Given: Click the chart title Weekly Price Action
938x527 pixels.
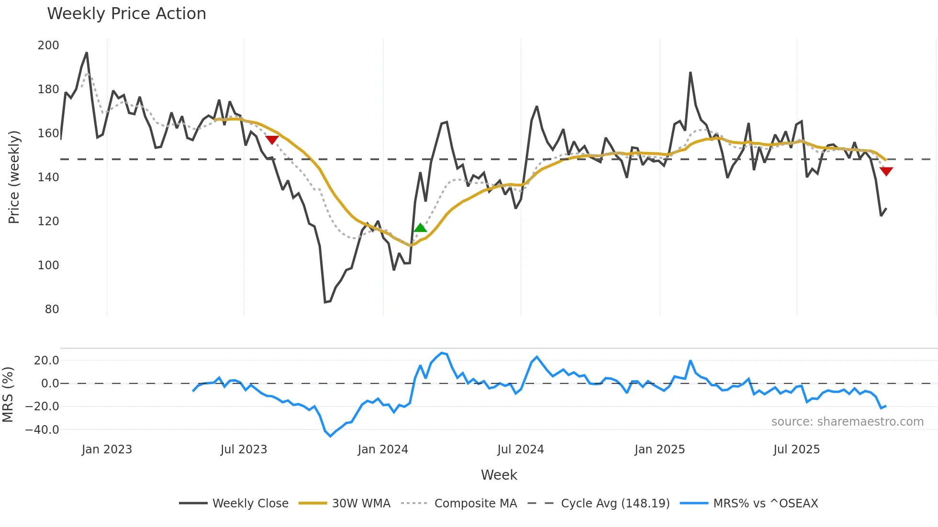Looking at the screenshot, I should click(126, 14).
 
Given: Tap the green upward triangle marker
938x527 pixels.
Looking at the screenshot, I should click(420, 228).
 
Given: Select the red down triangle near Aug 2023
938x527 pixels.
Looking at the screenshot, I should click(272, 140).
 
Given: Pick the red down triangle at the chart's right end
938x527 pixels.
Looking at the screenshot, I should click(886, 171).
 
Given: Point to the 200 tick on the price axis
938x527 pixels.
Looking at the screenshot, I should click(48, 45).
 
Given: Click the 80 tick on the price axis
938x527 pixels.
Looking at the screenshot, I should click(52, 309).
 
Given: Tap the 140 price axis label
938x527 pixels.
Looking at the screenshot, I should click(48, 177).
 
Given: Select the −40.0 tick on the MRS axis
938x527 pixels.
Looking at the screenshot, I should click(42, 430).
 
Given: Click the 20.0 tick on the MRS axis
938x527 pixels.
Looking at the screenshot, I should click(46, 361).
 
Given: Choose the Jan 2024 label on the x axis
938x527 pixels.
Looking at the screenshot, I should click(383, 450).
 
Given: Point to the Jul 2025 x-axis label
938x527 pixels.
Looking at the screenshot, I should click(796, 450).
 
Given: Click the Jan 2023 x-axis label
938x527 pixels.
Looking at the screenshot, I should click(107, 450).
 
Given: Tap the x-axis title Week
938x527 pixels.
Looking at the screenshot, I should click(499, 475).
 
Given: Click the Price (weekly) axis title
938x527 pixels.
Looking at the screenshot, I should click(14, 177).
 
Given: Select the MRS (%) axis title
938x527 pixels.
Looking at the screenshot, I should click(8, 395).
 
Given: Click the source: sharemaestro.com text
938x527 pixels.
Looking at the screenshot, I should click(847, 422).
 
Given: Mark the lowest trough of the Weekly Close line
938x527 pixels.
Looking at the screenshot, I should click(325, 302).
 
